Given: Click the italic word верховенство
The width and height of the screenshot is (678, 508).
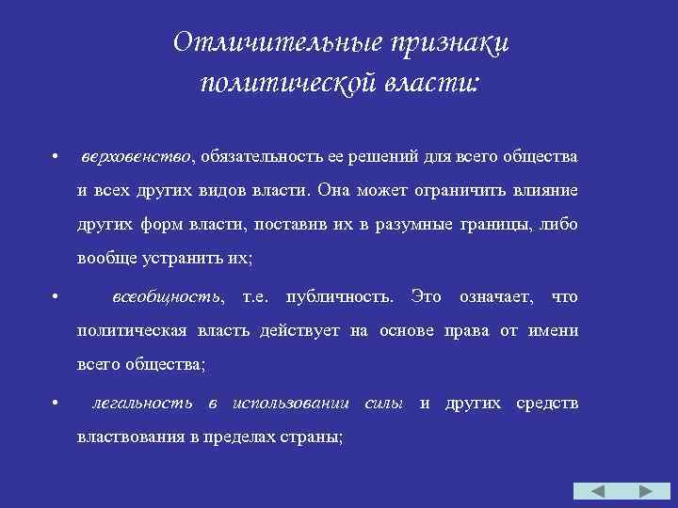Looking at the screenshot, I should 136,155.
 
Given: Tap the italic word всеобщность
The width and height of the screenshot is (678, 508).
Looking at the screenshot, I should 168,297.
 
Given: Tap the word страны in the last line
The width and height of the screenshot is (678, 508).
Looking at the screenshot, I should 316,437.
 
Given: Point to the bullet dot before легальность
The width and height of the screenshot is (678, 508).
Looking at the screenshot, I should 57,405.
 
